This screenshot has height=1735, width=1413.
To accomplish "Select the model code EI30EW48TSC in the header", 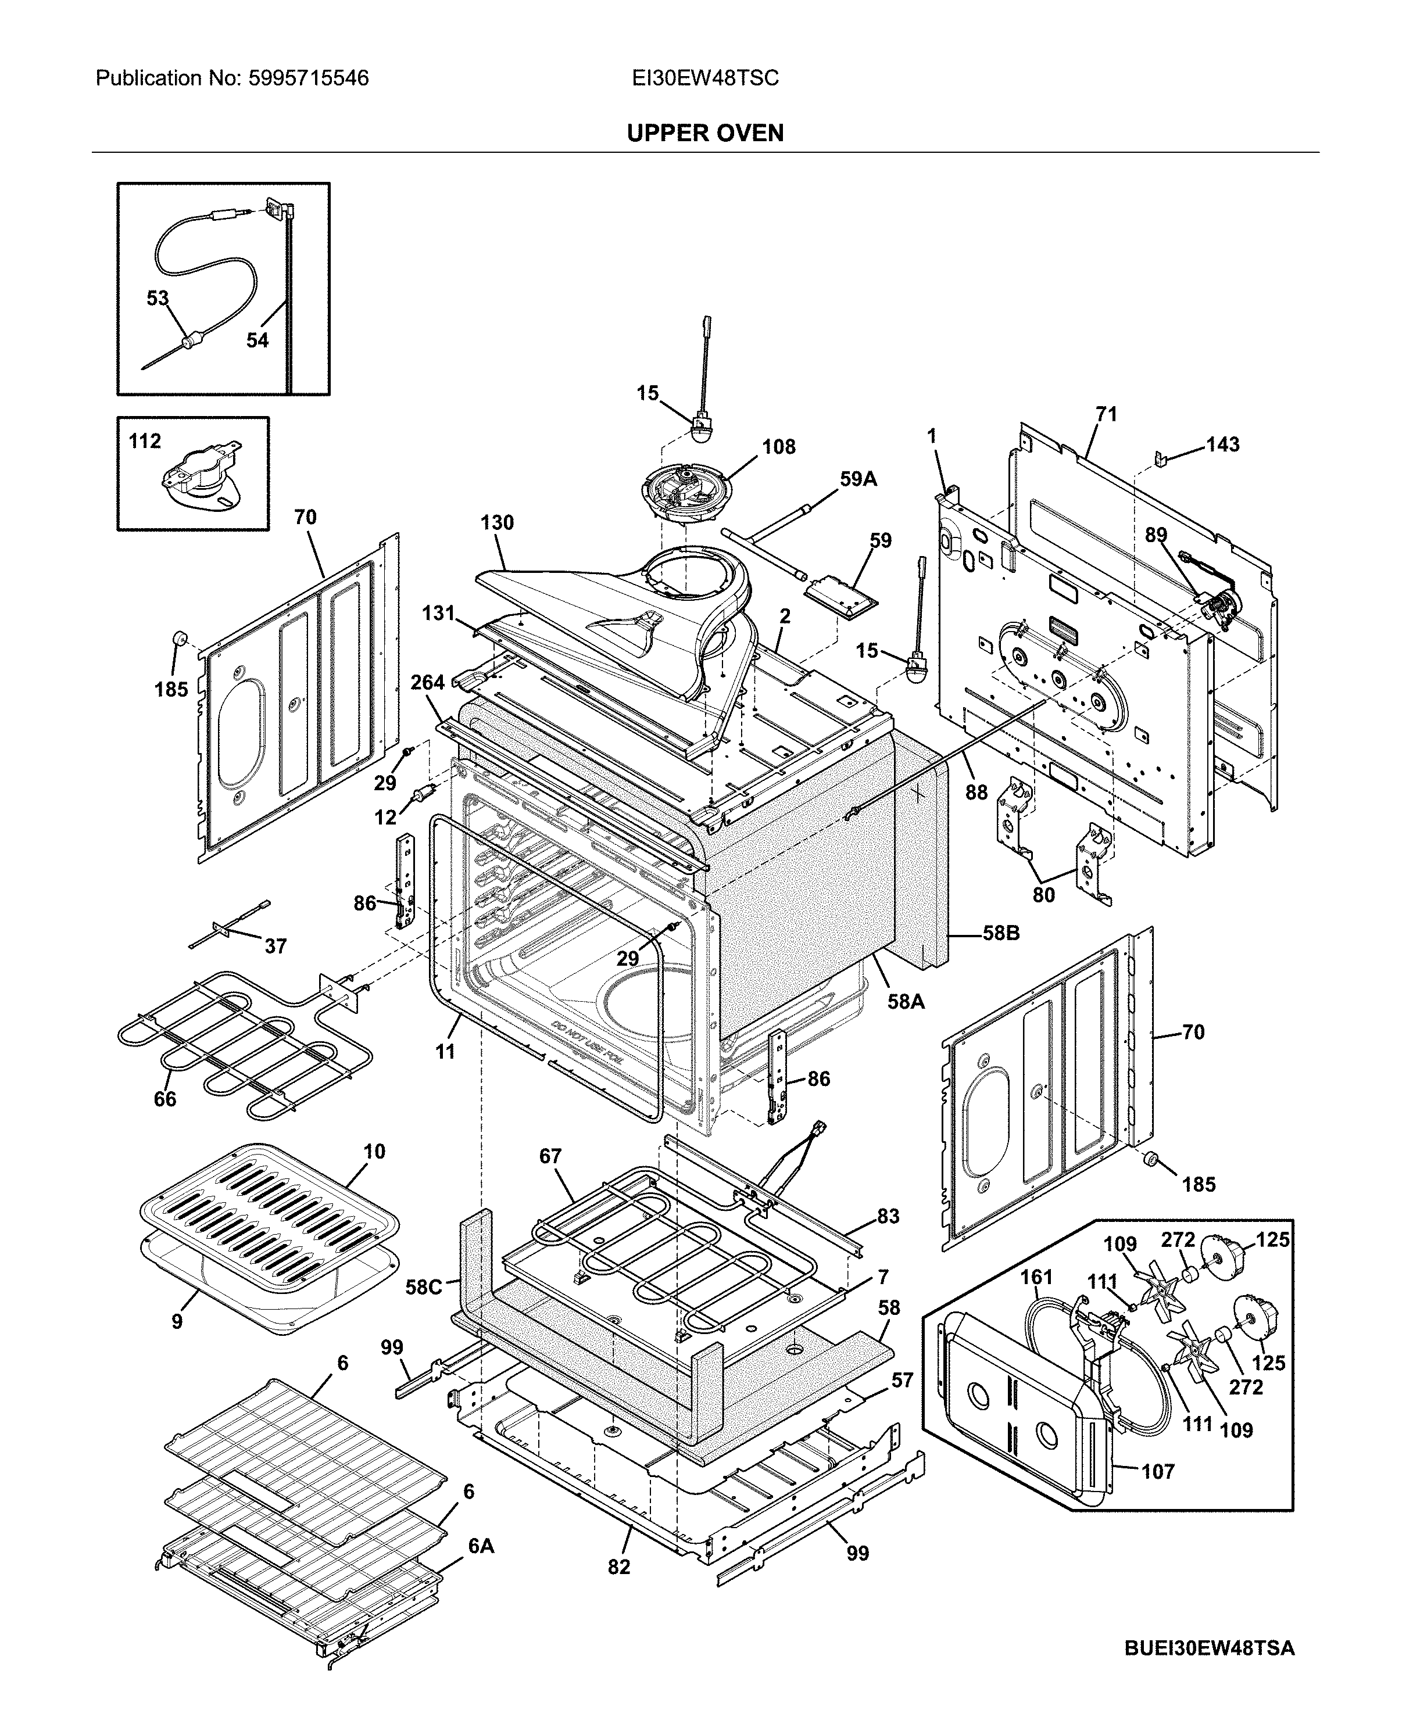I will tap(705, 78).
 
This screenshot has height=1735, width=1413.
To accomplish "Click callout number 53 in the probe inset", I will tap(158, 299).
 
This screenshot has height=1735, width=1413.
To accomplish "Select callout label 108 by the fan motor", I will tap(778, 447).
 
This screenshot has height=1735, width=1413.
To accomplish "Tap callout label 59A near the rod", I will tap(858, 479).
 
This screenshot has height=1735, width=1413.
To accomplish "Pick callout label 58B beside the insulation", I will tap(1000, 933).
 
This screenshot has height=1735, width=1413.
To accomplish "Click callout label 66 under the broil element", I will tap(165, 1099).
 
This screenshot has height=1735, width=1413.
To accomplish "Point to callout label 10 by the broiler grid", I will tap(374, 1152).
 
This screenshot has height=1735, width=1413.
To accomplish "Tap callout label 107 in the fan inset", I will tap(1157, 1471).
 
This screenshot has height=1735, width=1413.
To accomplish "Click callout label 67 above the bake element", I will tap(550, 1156).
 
